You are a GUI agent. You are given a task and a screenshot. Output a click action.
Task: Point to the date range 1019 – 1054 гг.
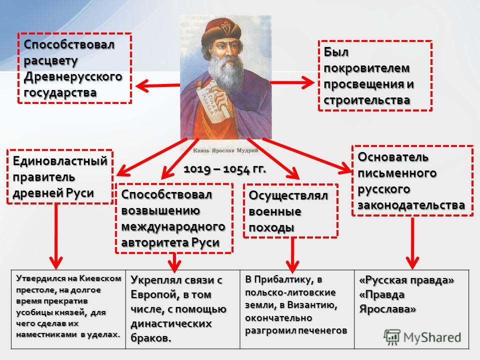[x=224, y=169]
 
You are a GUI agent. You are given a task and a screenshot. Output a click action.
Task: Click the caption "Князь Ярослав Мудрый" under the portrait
[x=225, y=150]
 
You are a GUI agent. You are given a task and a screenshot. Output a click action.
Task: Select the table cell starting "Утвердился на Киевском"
[x=68, y=309]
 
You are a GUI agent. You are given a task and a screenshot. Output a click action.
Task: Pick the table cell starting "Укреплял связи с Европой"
[x=183, y=309]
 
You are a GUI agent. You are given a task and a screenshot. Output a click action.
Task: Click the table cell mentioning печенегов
[x=297, y=309]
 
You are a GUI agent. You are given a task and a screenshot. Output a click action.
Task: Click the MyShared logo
[x=422, y=337]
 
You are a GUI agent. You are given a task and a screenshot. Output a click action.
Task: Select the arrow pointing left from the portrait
[x=157, y=85]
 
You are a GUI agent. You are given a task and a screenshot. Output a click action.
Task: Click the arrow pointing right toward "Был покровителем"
[x=292, y=82]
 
